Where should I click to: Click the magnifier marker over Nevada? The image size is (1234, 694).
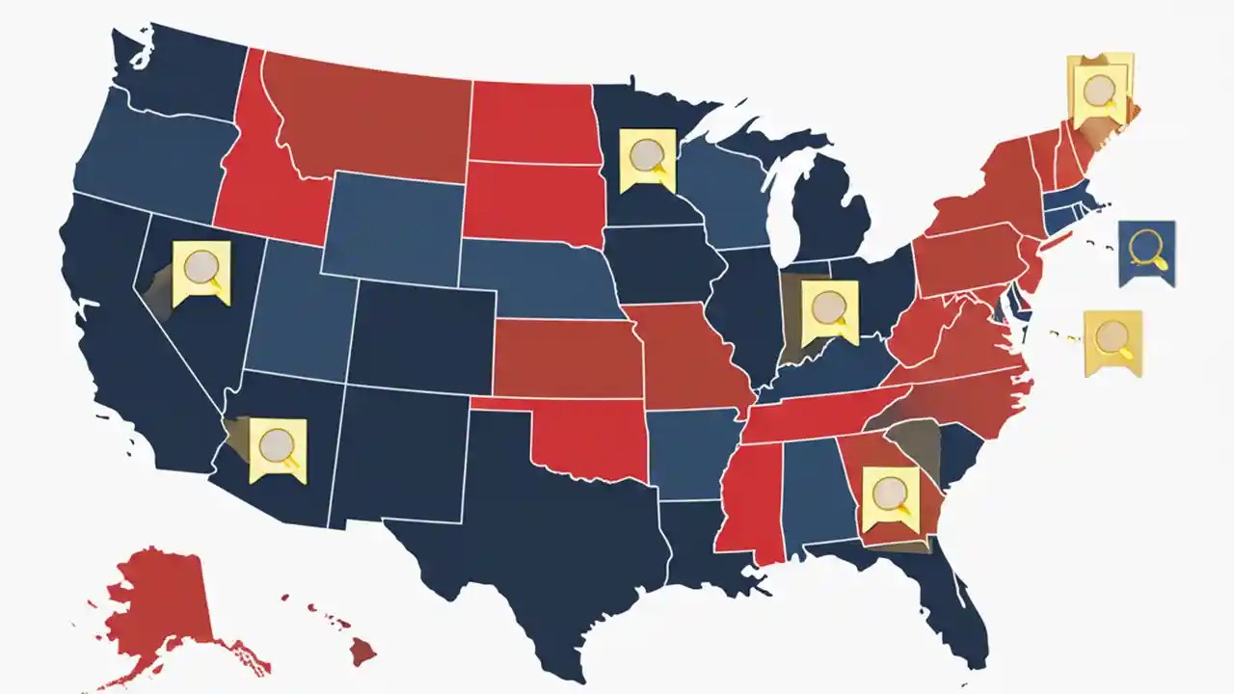click(201, 270)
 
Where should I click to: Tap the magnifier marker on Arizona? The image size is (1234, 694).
click(279, 448)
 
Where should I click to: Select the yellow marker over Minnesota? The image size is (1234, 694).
click(647, 157)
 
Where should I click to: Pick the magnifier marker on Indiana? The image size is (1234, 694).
click(829, 310)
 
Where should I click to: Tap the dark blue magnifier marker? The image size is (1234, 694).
click(1146, 252)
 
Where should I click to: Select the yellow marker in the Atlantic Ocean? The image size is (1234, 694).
click(1113, 340)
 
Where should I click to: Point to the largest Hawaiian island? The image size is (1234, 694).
click(363, 653)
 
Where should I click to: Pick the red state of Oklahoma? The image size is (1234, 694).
click(588, 439)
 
